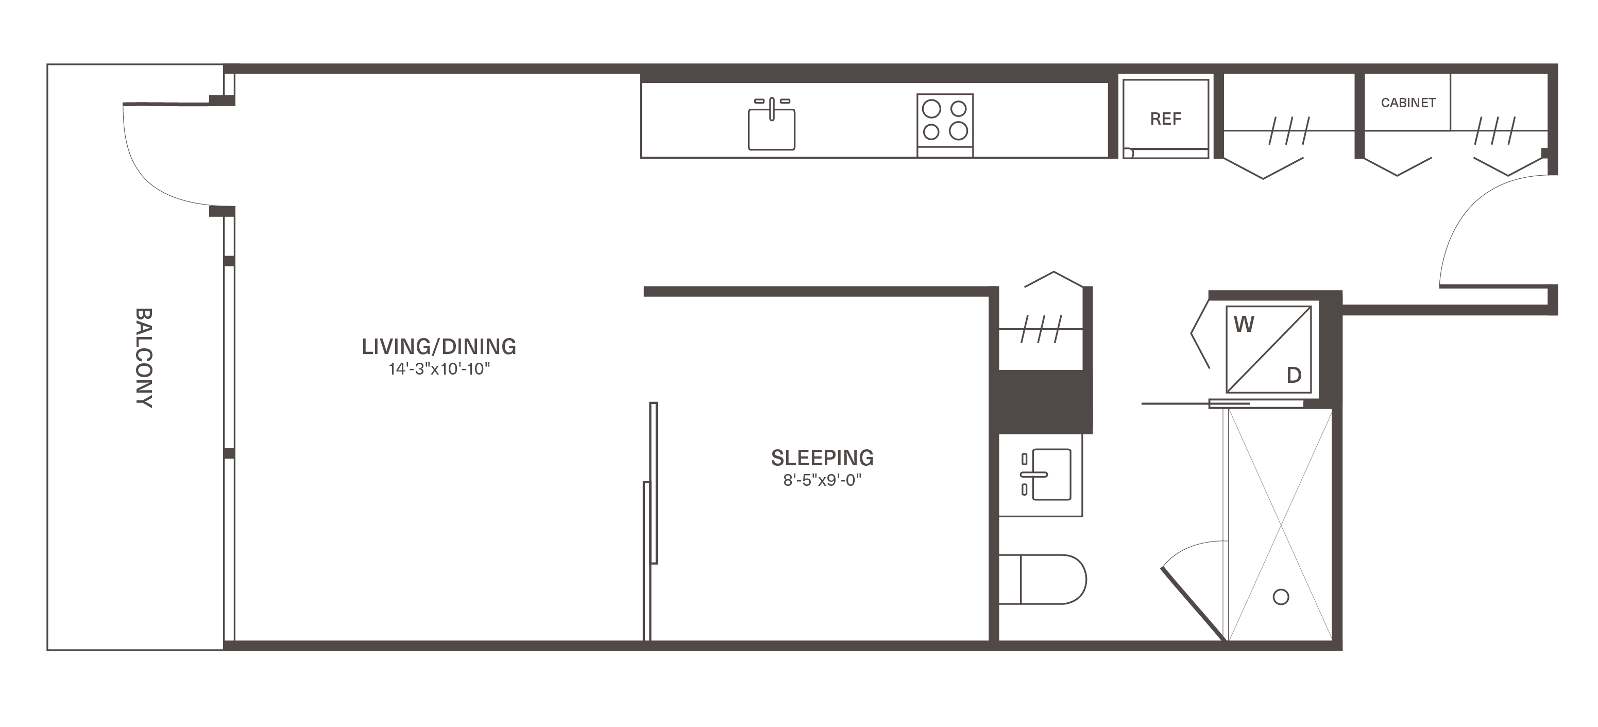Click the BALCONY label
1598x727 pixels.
144,358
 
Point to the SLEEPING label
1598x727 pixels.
822,458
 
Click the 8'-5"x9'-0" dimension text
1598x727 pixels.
822,480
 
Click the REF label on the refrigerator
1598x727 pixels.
1166,119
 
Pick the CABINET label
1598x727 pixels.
1408,103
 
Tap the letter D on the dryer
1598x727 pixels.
1294,375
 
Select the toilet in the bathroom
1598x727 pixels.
1042,579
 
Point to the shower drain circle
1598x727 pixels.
1281,597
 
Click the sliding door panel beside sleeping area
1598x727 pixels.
653,483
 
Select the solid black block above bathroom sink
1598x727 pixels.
1045,402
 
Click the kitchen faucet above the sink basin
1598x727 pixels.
772,107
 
